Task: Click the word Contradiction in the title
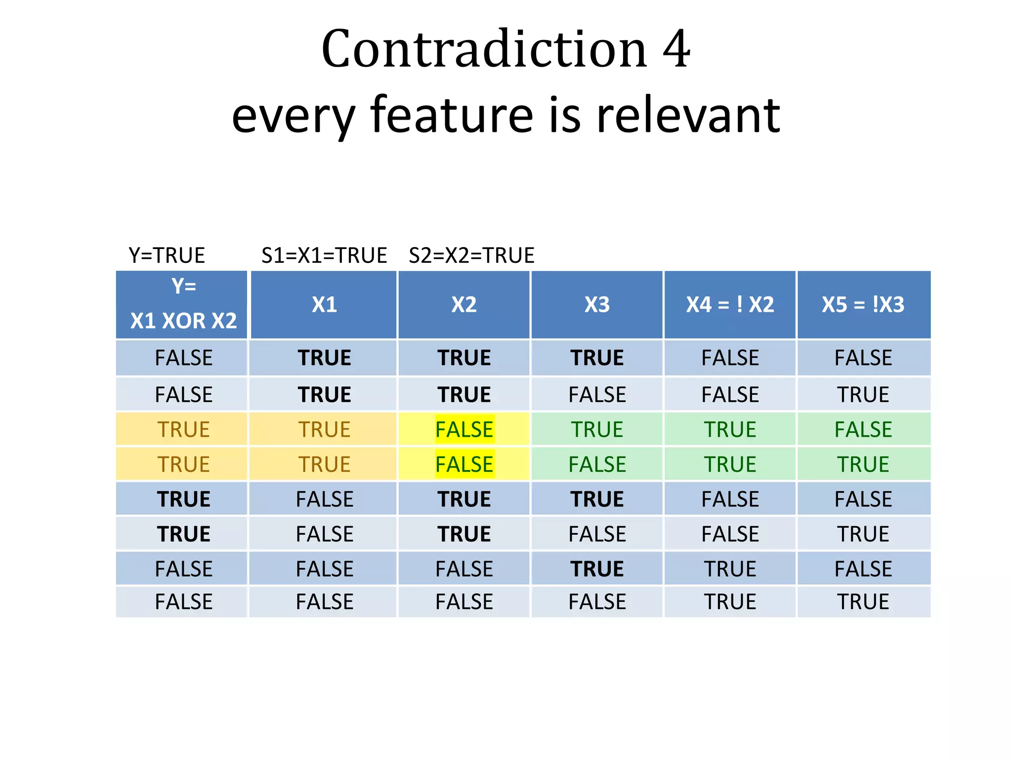[484, 49]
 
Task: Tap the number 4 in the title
[676, 49]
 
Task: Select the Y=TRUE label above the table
[167, 255]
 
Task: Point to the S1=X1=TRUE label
[324, 255]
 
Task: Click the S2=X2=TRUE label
[471, 255]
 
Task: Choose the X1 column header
[324, 304]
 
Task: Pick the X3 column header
[597, 304]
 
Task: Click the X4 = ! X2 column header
[730, 304]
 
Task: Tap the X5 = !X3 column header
[863, 304]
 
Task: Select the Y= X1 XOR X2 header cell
[183, 304]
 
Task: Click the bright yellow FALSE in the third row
[464, 429]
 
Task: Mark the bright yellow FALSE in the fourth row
[464, 464]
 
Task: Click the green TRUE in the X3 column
[597, 429]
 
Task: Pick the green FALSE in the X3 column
[597, 464]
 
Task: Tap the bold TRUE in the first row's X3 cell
[597, 358]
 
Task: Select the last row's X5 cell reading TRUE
[863, 602]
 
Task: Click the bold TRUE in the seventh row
[597, 569]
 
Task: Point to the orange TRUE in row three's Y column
[183, 429]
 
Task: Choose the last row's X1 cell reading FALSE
[324, 602]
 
